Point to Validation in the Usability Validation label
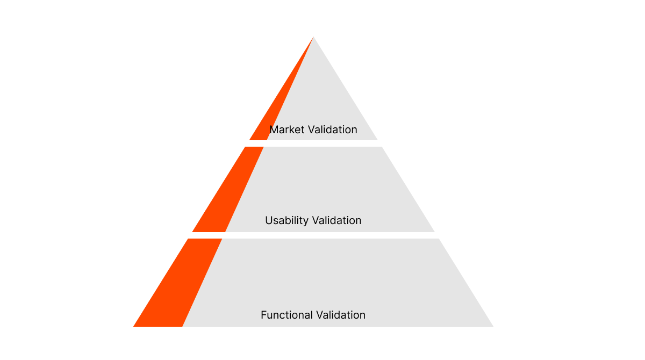coord(336,220)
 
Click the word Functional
coord(286,315)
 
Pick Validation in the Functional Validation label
coord(340,315)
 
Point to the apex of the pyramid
coord(313,38)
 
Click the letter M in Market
coord(274,129)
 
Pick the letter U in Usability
coord(268,221)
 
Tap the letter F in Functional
coord(263,315)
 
